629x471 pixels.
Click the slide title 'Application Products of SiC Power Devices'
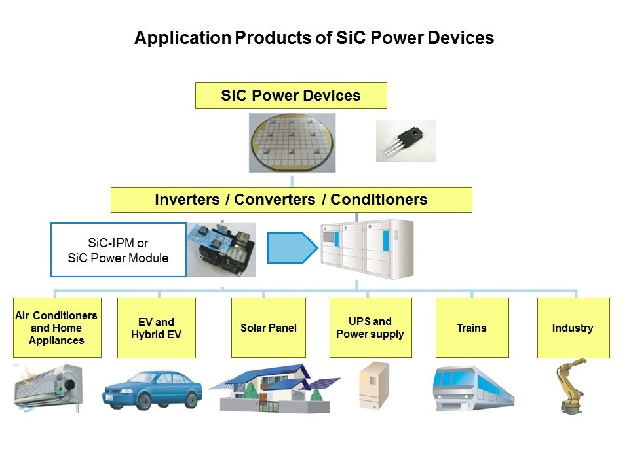[x=314, y=38]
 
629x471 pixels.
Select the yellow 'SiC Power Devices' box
[x=291, y=96]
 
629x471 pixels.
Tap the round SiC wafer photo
[x=292, y=143]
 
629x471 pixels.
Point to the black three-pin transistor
[x=405, y=140]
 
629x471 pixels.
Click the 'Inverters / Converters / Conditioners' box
[x=291, y=200]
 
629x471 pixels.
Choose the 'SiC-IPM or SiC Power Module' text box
[x=119, y=250]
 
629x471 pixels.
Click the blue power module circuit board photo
[x=221, y=250]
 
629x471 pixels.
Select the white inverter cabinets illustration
[x=367, y=249]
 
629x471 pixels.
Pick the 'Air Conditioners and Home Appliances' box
[x=57, y=328]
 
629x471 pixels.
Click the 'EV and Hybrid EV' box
[x=157, y=328]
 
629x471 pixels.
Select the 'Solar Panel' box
[x=269, y=328]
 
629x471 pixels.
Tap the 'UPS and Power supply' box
[x=371, y=328]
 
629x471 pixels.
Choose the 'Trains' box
[x=472, y=328]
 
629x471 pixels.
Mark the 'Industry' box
[x=573, y=328]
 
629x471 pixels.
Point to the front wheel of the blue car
[x=144, y=401]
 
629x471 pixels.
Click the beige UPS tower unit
[x=374, y=386]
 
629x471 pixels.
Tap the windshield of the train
[x=448, y=379]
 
